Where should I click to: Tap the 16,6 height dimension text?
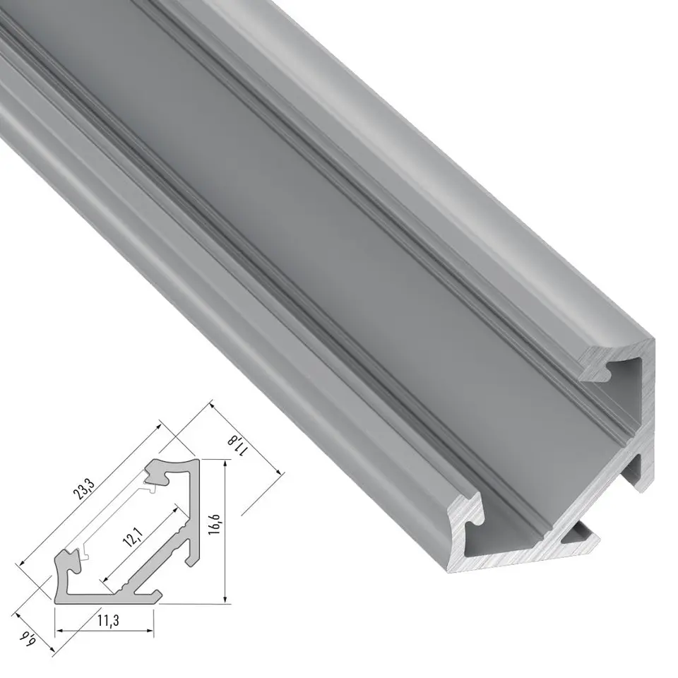215,525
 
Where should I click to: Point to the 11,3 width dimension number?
108,620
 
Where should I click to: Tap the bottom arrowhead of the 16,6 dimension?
225,597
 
